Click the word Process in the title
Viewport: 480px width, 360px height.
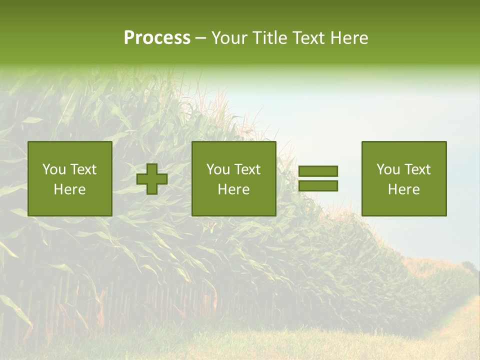point(157,38)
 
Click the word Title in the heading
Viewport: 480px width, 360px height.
point(271,38)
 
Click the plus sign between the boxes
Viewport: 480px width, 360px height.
point(152,179)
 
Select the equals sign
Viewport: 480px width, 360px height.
point(318,178)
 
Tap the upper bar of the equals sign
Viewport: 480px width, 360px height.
point(318,171)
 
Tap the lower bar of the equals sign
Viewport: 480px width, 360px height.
point(318,185)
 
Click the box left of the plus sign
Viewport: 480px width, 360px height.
point(70,178)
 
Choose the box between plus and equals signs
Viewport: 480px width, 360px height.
point(234,178)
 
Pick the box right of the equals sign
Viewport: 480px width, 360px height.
point(404,178)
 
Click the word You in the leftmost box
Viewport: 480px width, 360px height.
point(54,169)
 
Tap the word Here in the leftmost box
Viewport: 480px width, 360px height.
point(70,189)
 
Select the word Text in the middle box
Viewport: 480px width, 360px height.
point(247,169)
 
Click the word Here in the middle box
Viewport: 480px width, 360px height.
point(234,189)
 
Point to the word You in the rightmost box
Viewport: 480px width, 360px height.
point(388,169)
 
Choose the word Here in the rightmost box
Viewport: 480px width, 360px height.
point(404,189)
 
